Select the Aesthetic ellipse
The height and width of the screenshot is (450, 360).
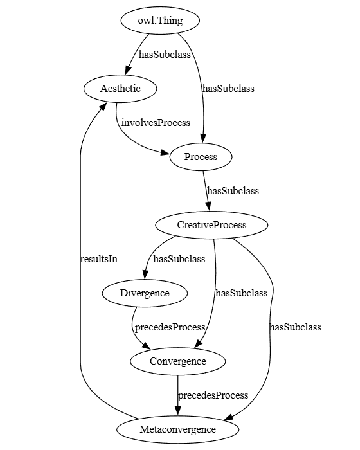pos(120,89)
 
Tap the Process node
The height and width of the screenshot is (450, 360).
pos(201,157)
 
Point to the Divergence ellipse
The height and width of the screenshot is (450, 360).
pos(145,293)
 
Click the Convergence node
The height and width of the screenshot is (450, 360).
pos(178,361)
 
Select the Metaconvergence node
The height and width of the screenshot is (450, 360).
pos(178,429)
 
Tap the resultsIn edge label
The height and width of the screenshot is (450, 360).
pos(98,259)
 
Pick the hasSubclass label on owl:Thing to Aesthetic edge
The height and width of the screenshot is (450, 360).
pos(165,55)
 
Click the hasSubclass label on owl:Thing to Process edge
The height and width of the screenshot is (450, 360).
pos(228,89)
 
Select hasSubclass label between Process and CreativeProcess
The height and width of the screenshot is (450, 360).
pos(233,191)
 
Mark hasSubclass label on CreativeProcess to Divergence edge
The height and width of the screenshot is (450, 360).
pos(179,259)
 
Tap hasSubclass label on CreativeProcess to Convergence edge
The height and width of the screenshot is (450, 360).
pos(241,293)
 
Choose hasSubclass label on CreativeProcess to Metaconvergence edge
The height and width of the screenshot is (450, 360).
pos(295,327)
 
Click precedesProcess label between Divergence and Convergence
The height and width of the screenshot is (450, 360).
pos(170,327)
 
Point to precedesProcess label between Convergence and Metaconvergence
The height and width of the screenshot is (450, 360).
pos(213,395)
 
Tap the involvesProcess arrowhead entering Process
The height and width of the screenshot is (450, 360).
pos(165,153)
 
